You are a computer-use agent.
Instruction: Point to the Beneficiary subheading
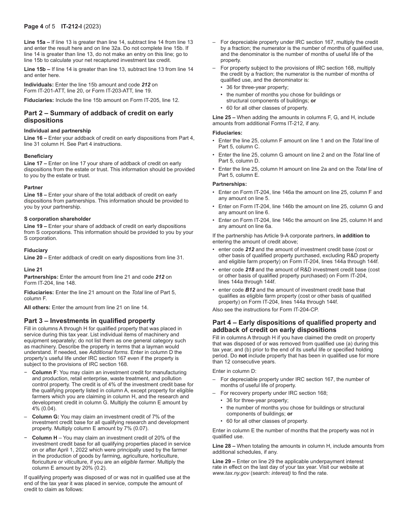point(38,156)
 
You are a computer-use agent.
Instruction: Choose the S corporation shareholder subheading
point(57,219)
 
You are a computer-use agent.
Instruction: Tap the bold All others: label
point(37,307)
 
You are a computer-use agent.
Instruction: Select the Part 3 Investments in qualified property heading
point(89,320)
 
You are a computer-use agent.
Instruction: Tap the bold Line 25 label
point(223,117)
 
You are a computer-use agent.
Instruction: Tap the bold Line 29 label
point(223,461)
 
